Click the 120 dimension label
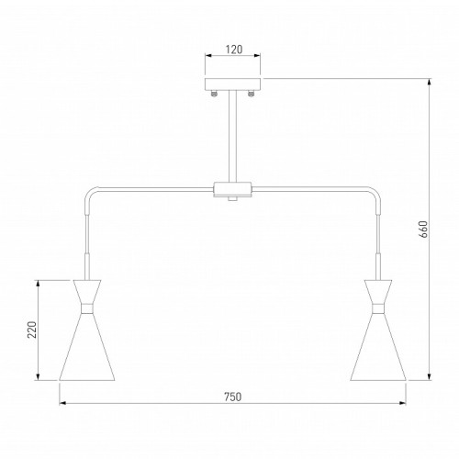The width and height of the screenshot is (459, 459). pyautogui.click(x=234, y=49)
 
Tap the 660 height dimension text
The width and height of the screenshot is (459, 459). pyautogui.click(x=424, y=229)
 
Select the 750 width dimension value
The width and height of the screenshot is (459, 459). pyautogui.click(x=233, y=397)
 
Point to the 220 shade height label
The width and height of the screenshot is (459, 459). pyautogui.click(x=32, y=330)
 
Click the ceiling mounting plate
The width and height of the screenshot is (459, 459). pyautogui.click(x=232, y=84)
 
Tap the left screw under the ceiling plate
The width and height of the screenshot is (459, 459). pyautogui.click(x=215, y=94)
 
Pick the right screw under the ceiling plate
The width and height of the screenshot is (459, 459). pyautogui.click(x=251, y=94)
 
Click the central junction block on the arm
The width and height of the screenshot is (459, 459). pyautogui.click(x=232, y=190)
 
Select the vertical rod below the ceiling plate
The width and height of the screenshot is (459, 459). pyautogui.click(x=232, y=137)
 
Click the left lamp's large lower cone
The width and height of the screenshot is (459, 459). pyautogui.click(x=87, y=347)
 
